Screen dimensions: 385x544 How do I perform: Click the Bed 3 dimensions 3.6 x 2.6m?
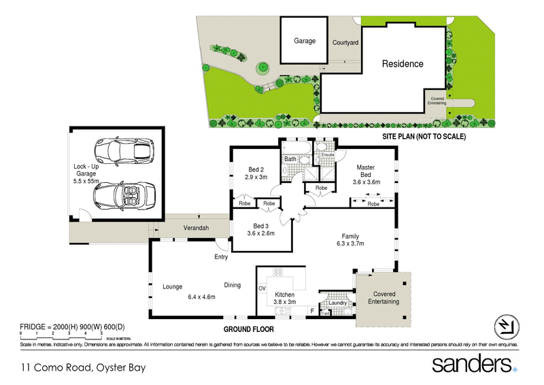point(262,233)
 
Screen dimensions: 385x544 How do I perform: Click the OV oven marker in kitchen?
point(262,288)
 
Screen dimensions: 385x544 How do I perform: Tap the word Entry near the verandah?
point(221,257)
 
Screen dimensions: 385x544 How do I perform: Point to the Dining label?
point(232,285)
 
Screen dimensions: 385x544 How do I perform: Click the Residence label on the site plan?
point(402,64)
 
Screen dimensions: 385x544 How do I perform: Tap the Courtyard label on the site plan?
point(345,42)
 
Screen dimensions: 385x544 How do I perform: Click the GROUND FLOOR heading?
point(249,329)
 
